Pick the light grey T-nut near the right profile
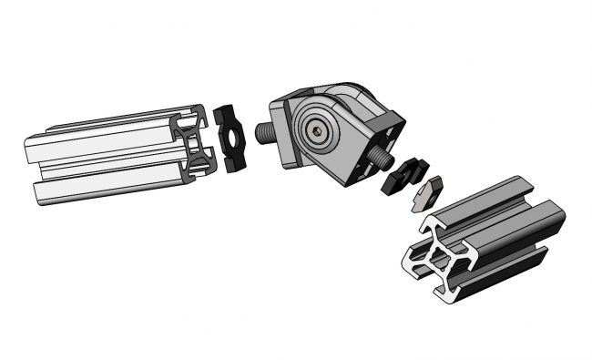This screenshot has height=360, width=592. pos(425,193)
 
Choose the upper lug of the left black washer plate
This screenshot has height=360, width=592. pos(227,114)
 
